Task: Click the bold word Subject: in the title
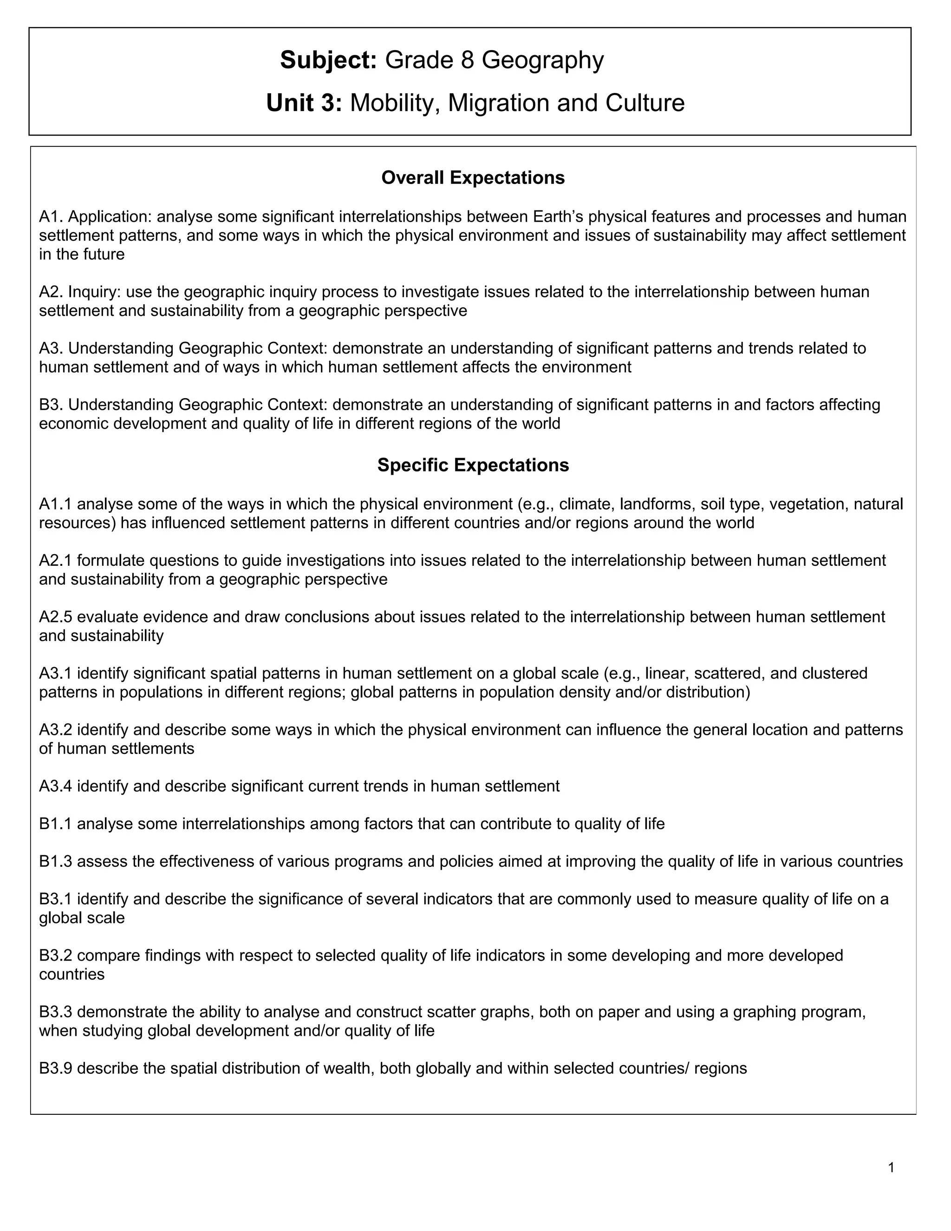328,60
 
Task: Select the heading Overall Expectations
473,177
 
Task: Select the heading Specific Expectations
473,465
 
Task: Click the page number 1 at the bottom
891,1168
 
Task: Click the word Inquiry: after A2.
95,292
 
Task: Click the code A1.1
55,504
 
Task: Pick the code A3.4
55,786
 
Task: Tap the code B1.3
55,861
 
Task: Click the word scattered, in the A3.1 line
730,674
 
